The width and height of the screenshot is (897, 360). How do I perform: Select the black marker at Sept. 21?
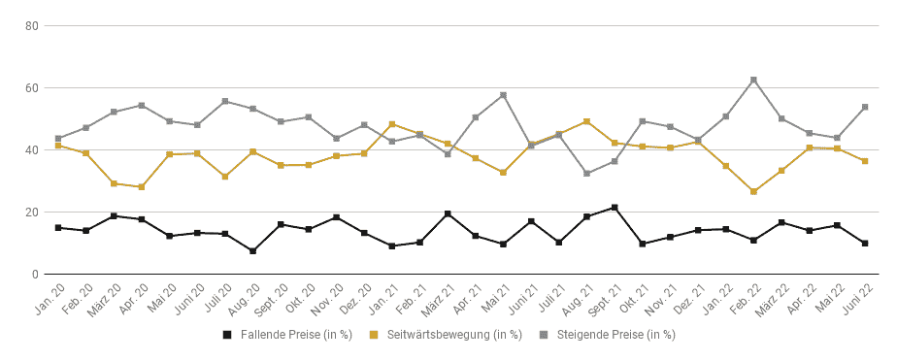[x=615, y=208]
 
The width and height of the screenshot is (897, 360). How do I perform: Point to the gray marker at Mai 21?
[x=504, y=95]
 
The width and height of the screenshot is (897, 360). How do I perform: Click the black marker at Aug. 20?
[x=252, y=251]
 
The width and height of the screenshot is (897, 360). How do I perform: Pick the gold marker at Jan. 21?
[x=392, y=124]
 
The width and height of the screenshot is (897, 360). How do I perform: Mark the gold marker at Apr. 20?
[x=142, y=187]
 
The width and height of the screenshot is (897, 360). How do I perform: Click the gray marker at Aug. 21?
[x=587, y=173]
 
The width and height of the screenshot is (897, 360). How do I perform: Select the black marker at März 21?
[x=448, y=213]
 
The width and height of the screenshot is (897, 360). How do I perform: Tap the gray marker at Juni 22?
[x=865, y=107]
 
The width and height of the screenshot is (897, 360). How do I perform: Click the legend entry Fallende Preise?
[x=287, y=335]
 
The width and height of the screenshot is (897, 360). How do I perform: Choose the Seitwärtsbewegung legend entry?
[x=447, y=335]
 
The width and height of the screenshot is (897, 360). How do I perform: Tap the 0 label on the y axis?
[x=35, y=275]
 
